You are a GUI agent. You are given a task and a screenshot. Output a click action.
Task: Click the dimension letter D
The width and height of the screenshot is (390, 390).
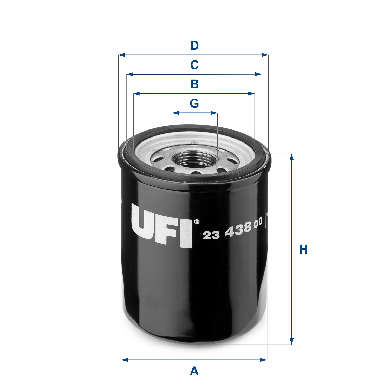click(194, 45)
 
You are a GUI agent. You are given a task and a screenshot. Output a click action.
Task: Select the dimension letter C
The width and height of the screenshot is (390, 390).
click(194, 65)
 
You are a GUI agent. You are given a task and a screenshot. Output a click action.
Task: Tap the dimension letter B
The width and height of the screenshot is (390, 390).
click(194, 84)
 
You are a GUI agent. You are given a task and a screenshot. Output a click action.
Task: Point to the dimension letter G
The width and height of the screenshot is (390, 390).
click(194, 103)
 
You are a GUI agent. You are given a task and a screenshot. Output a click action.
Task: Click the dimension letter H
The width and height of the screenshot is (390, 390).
click(303, 249)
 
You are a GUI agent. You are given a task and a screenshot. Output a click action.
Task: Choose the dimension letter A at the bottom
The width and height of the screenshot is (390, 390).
click(194, 371)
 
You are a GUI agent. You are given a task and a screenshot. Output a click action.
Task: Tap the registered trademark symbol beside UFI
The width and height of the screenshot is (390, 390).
click(197, 222)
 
